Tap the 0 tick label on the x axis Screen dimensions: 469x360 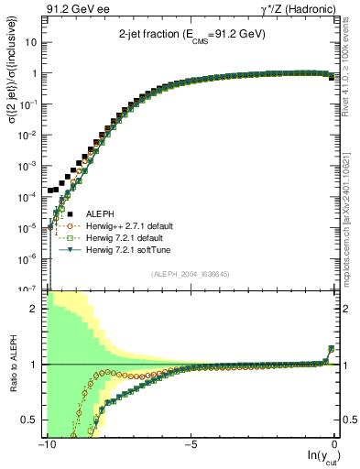tap(335, 445)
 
